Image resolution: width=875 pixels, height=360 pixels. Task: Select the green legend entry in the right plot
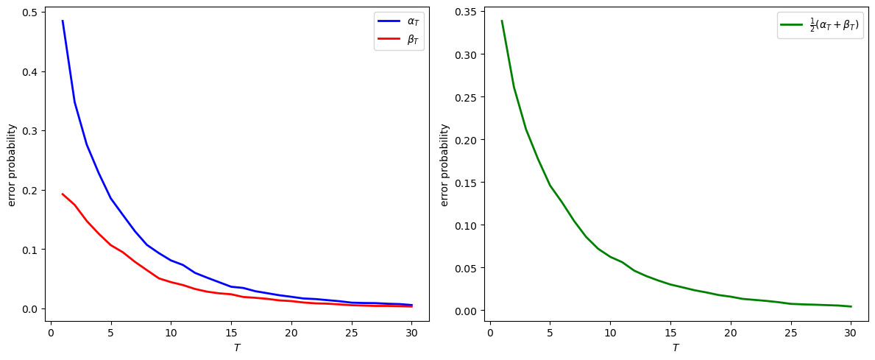pyautogui.click(x=820, y=25)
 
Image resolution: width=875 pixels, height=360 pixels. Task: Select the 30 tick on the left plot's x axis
pyautogui.click(x=412, y=332)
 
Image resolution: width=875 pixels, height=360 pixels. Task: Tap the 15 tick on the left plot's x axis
pyautogui.click(x=231, y=332)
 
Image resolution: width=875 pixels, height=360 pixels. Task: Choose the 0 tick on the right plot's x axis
pyautogui.click(x=490, y=332)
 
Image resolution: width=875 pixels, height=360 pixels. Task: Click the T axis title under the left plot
pyautogui.click(x=237, y=347)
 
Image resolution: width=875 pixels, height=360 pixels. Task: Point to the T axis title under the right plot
pyautogui.click(x=674, y=347)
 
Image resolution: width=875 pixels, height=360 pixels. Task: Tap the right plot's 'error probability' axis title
pyautogui.click(x=444, y=165)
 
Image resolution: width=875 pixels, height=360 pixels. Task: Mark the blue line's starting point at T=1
pyautogui.click(x=63, y=21)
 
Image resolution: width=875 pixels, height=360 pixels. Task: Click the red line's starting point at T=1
pyautogui.click(x=63, y=194)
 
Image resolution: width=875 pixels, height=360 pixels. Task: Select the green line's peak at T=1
pyautogui.click(x=502, y=21)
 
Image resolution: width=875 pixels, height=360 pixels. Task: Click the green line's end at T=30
pyautogui.click(x=851, y=306)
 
